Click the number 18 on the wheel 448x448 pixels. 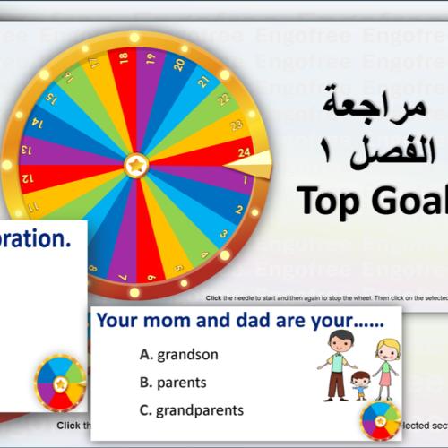[123, 58]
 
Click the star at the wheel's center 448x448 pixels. [136, 166]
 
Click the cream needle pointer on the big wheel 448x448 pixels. [256, 164]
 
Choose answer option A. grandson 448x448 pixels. [178, 354]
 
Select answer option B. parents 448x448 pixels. [173, 383]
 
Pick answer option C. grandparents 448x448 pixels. [191, 410]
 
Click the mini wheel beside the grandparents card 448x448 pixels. [380, 418]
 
